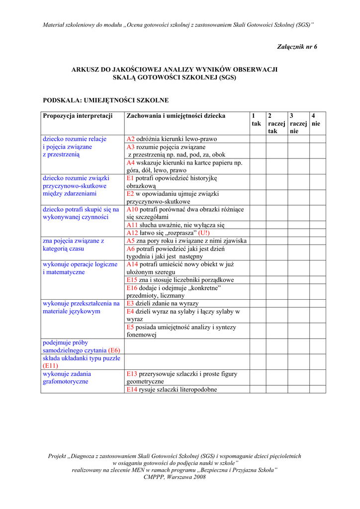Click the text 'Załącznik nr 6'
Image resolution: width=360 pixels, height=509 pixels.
tap(296, 47)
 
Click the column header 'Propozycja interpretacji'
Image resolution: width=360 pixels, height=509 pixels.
tap(78, 116)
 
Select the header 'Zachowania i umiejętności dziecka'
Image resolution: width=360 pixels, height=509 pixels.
tap(176, 116)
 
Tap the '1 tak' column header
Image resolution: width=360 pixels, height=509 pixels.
tap(256, 120)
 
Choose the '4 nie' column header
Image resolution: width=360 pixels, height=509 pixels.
tap(316, 120)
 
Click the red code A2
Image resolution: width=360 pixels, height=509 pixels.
tap(131, 139)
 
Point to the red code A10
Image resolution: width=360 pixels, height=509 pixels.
tap(133, 210)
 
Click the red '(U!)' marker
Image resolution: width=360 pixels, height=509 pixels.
tap(204, 233)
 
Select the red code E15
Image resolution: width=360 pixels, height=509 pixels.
tap(132, 280)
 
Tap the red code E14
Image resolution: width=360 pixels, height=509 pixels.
tap(132, 390)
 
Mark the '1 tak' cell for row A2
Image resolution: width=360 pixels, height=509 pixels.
tap(258, 139)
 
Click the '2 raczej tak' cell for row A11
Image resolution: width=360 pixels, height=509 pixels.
tap(276, 225)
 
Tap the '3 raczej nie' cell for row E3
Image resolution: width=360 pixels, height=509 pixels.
tap(298, 304)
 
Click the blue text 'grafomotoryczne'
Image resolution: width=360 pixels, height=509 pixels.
tap(66, 382)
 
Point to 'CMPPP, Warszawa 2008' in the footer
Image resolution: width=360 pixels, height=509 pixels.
tap(175, 477)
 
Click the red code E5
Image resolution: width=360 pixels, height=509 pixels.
tap(131, 328)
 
